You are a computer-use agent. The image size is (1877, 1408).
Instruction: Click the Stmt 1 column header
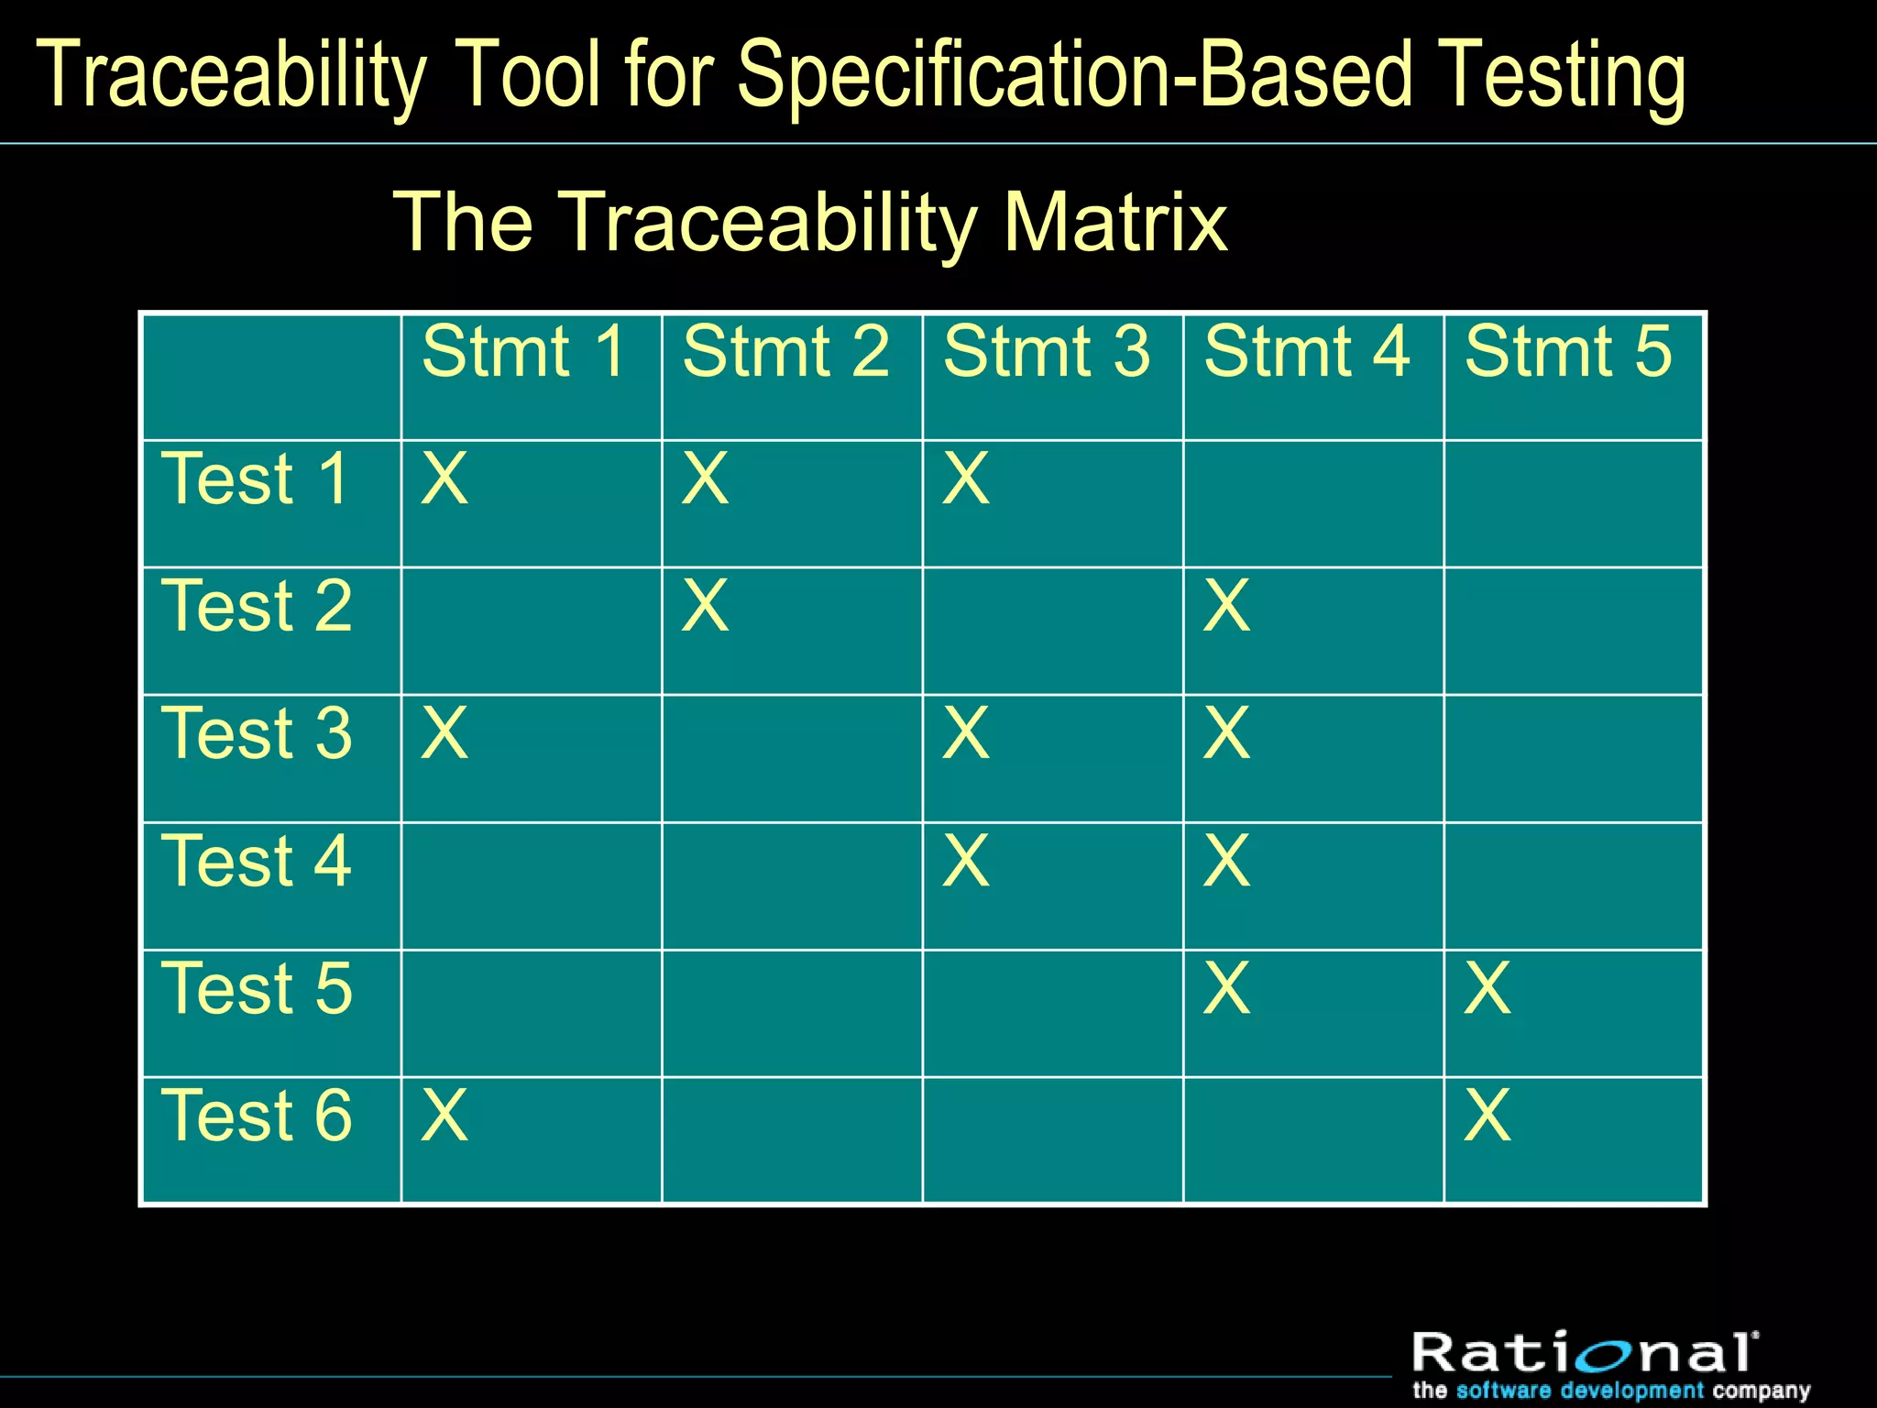pyautogui.click(x=523, y=352)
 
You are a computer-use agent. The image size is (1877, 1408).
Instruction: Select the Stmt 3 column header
pyautogui.click(x=1046, y=352)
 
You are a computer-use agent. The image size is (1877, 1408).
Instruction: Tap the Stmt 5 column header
pyautogui.click(x=1567, y=352)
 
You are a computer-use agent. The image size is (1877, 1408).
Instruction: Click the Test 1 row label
pyautogui.click(x=257, y=479)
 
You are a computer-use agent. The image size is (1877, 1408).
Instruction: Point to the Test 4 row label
pyautogui.click(x=257, y=862)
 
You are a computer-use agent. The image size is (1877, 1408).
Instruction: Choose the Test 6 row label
pyautogui.click(x=257, y=1116)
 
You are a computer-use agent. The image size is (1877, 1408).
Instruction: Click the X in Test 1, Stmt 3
pyautogui.click(x=966, y=478)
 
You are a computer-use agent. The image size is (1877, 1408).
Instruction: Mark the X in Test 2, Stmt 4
pyautogui.click(x=1226, y=606)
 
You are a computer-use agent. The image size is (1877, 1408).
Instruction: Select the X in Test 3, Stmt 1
pyautogui.click(x=445, y=733)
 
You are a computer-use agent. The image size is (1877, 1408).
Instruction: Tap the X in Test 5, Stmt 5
pyautogui.click(x=1487, y=988)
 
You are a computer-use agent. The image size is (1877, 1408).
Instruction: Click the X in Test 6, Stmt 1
pyautogui.click(x=445, y=1116)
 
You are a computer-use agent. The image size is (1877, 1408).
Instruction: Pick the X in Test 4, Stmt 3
pyautogui.click(x=966, y=861)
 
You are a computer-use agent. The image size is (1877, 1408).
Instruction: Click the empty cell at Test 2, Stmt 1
pyautogui.click(x=532, y=631)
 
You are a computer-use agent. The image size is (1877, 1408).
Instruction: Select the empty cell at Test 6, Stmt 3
pyautogui.click(x=1052, y=1140)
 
